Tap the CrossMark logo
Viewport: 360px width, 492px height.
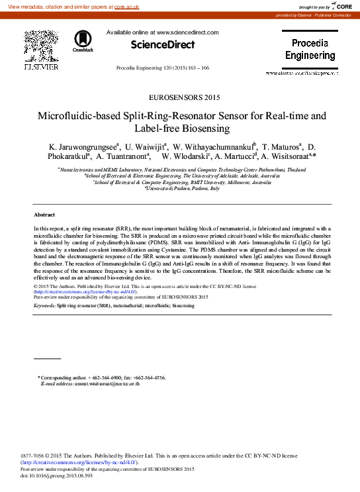(83, 41)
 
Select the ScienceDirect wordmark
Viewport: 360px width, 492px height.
(163, 45)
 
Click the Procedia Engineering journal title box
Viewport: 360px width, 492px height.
(310, 50)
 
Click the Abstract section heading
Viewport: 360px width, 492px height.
(44, 215)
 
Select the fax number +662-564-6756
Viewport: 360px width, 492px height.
(149, 377)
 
